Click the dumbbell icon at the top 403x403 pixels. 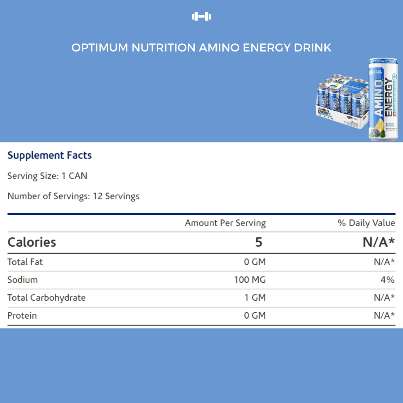coord(201,16)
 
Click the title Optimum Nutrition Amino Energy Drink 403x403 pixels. coord(201,48)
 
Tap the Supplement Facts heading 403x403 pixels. coord(50,155)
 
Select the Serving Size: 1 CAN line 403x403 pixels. coord(47,176)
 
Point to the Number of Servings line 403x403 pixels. coord(73,196)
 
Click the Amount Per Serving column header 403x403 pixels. coord(225,223)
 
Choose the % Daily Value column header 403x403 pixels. coord(366,223)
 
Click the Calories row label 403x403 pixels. coord(32,242)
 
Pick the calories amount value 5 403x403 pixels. coord(259,242)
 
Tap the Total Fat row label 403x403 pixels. coord(25,262)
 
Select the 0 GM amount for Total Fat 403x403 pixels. coord(255,262)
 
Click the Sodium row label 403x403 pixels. coord(22,280)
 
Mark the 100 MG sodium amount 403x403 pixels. coord(250,280)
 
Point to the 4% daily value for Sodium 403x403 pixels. coord(388,280)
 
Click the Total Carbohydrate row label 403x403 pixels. coord(46,298)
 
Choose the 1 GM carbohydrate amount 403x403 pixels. coord(255,298)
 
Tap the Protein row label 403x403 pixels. coord(22,316)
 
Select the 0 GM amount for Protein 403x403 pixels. coord(255,316)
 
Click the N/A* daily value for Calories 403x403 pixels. coord(379,242)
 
